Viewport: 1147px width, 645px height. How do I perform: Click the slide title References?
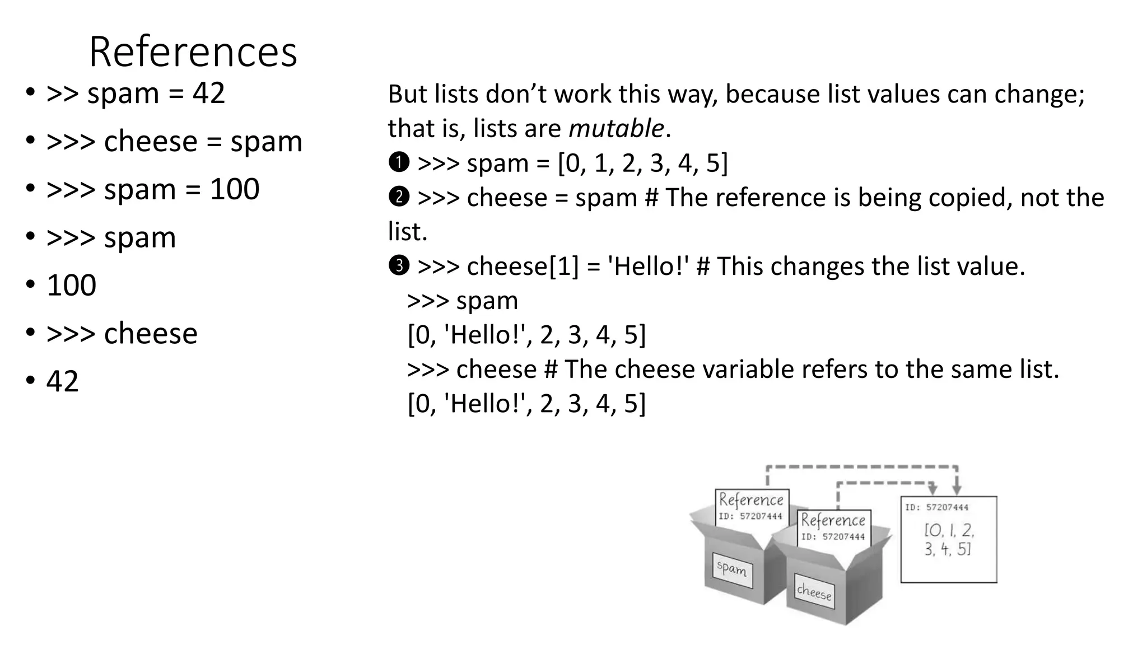click(193, 52)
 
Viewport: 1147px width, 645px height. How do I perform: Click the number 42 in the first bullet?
click(209, 93)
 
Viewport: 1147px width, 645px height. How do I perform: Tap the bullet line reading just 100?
click(71, 286)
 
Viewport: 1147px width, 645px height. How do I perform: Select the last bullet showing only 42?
click(62, 381)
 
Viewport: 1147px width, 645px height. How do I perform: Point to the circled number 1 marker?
click(399, 162)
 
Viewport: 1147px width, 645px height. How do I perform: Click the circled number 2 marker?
click(399, 197)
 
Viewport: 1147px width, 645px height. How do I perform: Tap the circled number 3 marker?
click(399, 265)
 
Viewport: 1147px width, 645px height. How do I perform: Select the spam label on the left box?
click(732, 569)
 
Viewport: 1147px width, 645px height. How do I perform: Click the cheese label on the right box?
click(814, 592)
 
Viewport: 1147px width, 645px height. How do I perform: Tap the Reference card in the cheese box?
click(833, 526)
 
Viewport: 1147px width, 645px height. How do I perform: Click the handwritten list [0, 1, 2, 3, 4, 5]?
click(948, 539)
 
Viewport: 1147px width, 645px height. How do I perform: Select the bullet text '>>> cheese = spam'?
click(174, 141)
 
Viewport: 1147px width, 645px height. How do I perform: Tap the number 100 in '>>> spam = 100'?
click(234, 189)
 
